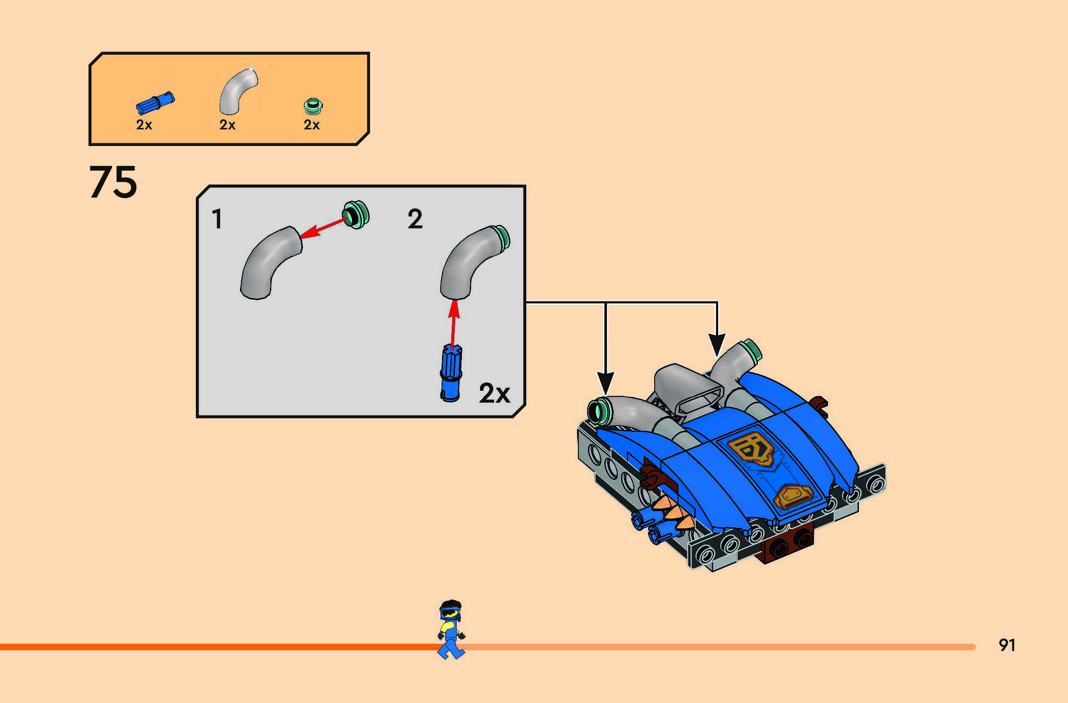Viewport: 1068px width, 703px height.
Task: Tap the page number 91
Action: pyautogui.click(x=1007, y=645)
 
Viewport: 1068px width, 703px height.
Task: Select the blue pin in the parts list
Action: pyautogui.click(x=155, y=103)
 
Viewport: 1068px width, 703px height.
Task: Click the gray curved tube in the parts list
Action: pyautogui.click(x=237, y=91)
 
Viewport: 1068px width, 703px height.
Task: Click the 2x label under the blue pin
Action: pyautogui.click(x=144, y=125)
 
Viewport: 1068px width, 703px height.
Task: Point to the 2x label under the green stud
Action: pyautogui.click(x=311, y=125)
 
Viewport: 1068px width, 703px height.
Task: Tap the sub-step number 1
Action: pyautogui.click(x=217, y=219)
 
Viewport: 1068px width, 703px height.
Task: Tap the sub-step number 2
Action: pyautogui.click(x=415, y=219)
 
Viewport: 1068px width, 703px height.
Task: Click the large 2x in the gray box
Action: pyautogui.click(x=494, y=393)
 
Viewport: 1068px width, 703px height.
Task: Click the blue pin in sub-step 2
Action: pyautogui.click(x=451, y=372)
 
